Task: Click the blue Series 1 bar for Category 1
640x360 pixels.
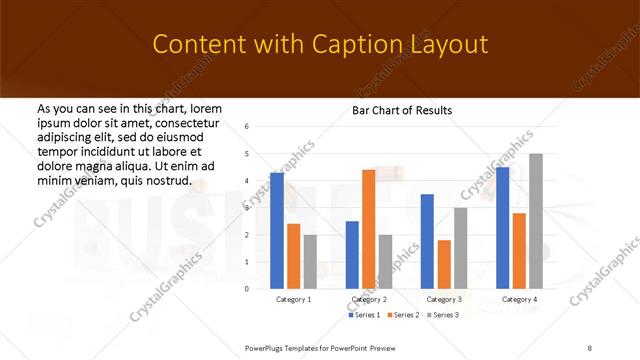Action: click(277, 230)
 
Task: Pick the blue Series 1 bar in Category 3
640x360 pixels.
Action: click(427, 240)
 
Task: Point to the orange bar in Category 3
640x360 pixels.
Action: click(444, 264)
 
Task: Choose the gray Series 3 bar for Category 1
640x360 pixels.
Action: click(310, 261)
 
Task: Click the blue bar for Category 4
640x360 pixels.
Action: click(502, 227)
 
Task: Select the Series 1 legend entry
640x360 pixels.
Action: click(363, 315)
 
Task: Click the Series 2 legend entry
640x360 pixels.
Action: click(402, 315)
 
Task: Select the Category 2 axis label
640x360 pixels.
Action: click(369, 299)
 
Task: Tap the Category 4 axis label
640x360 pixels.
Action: click(519, 299)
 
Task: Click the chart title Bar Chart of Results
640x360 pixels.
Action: click(402, 109)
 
